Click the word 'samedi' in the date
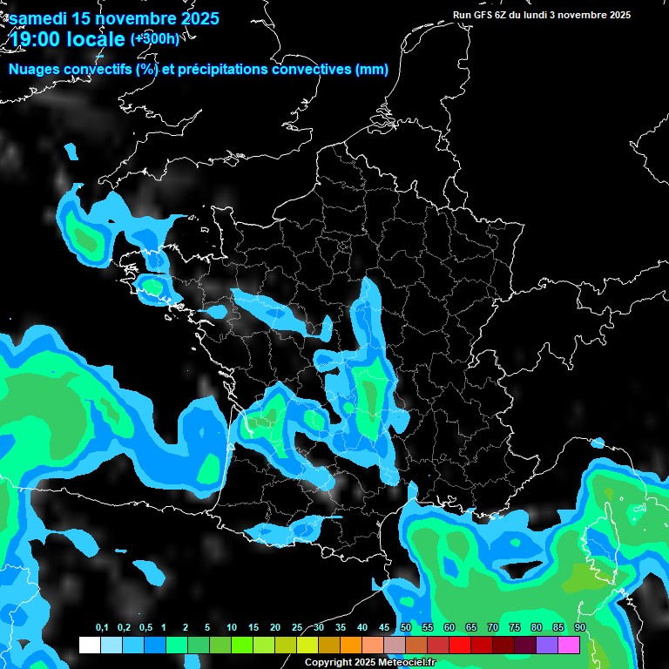pos(39,18)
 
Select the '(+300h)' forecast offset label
pos(155,39)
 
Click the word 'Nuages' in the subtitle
pos(35,70)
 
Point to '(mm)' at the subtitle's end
pos(372,70)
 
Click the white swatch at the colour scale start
pos(89,645)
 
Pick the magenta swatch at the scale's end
pos(569,645)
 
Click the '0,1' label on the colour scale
pos(102,628)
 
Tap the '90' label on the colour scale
pos(579,628)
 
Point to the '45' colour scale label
pos(384,628)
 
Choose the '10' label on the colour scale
pos(232,628)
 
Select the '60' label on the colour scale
pos(449,628)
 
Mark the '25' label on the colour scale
pos(297,628)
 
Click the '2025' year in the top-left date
pos(193,18)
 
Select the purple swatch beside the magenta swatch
pos(547,645)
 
